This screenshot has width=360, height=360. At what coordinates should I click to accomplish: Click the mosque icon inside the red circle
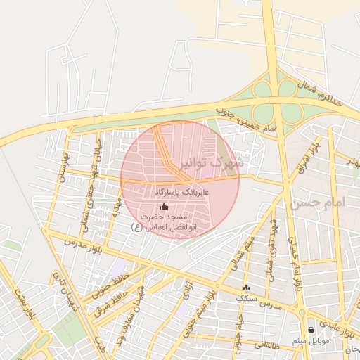tap(165, 207)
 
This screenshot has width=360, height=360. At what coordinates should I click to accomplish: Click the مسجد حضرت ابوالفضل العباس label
tap(165, 221)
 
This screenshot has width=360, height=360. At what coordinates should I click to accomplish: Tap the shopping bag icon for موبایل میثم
tap(311, 329)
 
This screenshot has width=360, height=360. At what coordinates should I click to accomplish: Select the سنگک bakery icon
tap(245, 288)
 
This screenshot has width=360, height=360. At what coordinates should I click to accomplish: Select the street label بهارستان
tap(63, 164)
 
